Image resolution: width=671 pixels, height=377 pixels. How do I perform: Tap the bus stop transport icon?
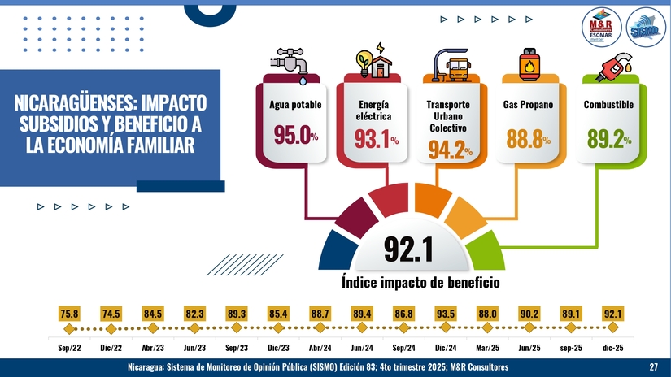[450, 63]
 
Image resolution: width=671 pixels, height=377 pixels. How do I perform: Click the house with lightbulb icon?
[371, 63]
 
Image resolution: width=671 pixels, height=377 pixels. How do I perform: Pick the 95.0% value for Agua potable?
[295, 136]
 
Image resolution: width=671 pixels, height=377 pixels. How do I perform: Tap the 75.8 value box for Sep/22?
[69, 314]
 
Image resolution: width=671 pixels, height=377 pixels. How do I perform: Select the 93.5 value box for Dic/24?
[446, 314]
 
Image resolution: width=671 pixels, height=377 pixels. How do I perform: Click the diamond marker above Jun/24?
[362, 328]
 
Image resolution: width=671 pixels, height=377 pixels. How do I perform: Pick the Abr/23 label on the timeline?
[153, 347]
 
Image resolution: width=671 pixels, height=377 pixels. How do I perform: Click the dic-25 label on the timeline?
[613, 347]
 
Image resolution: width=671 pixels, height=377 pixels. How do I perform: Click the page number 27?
[653, 368]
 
